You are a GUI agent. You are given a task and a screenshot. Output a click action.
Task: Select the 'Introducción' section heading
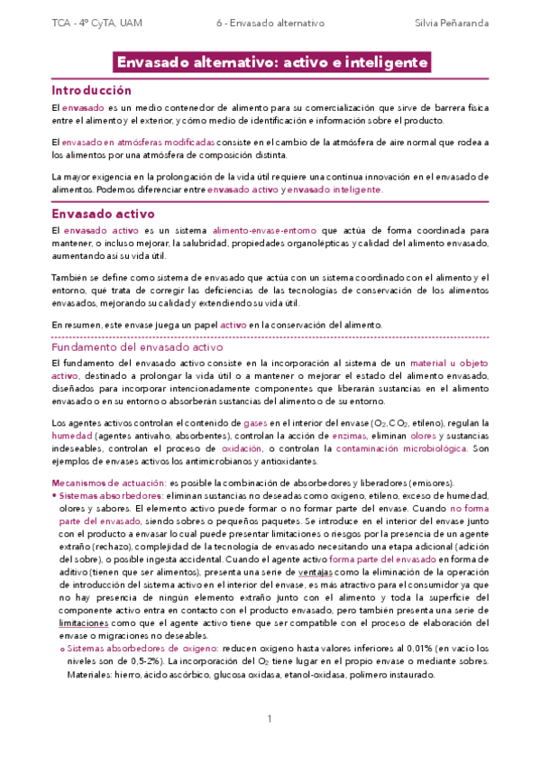pos(91,91)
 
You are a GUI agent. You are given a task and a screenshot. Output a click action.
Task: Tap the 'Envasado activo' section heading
pos(103,214)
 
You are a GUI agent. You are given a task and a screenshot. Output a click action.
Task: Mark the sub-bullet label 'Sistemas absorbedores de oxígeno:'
pos(133,650)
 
